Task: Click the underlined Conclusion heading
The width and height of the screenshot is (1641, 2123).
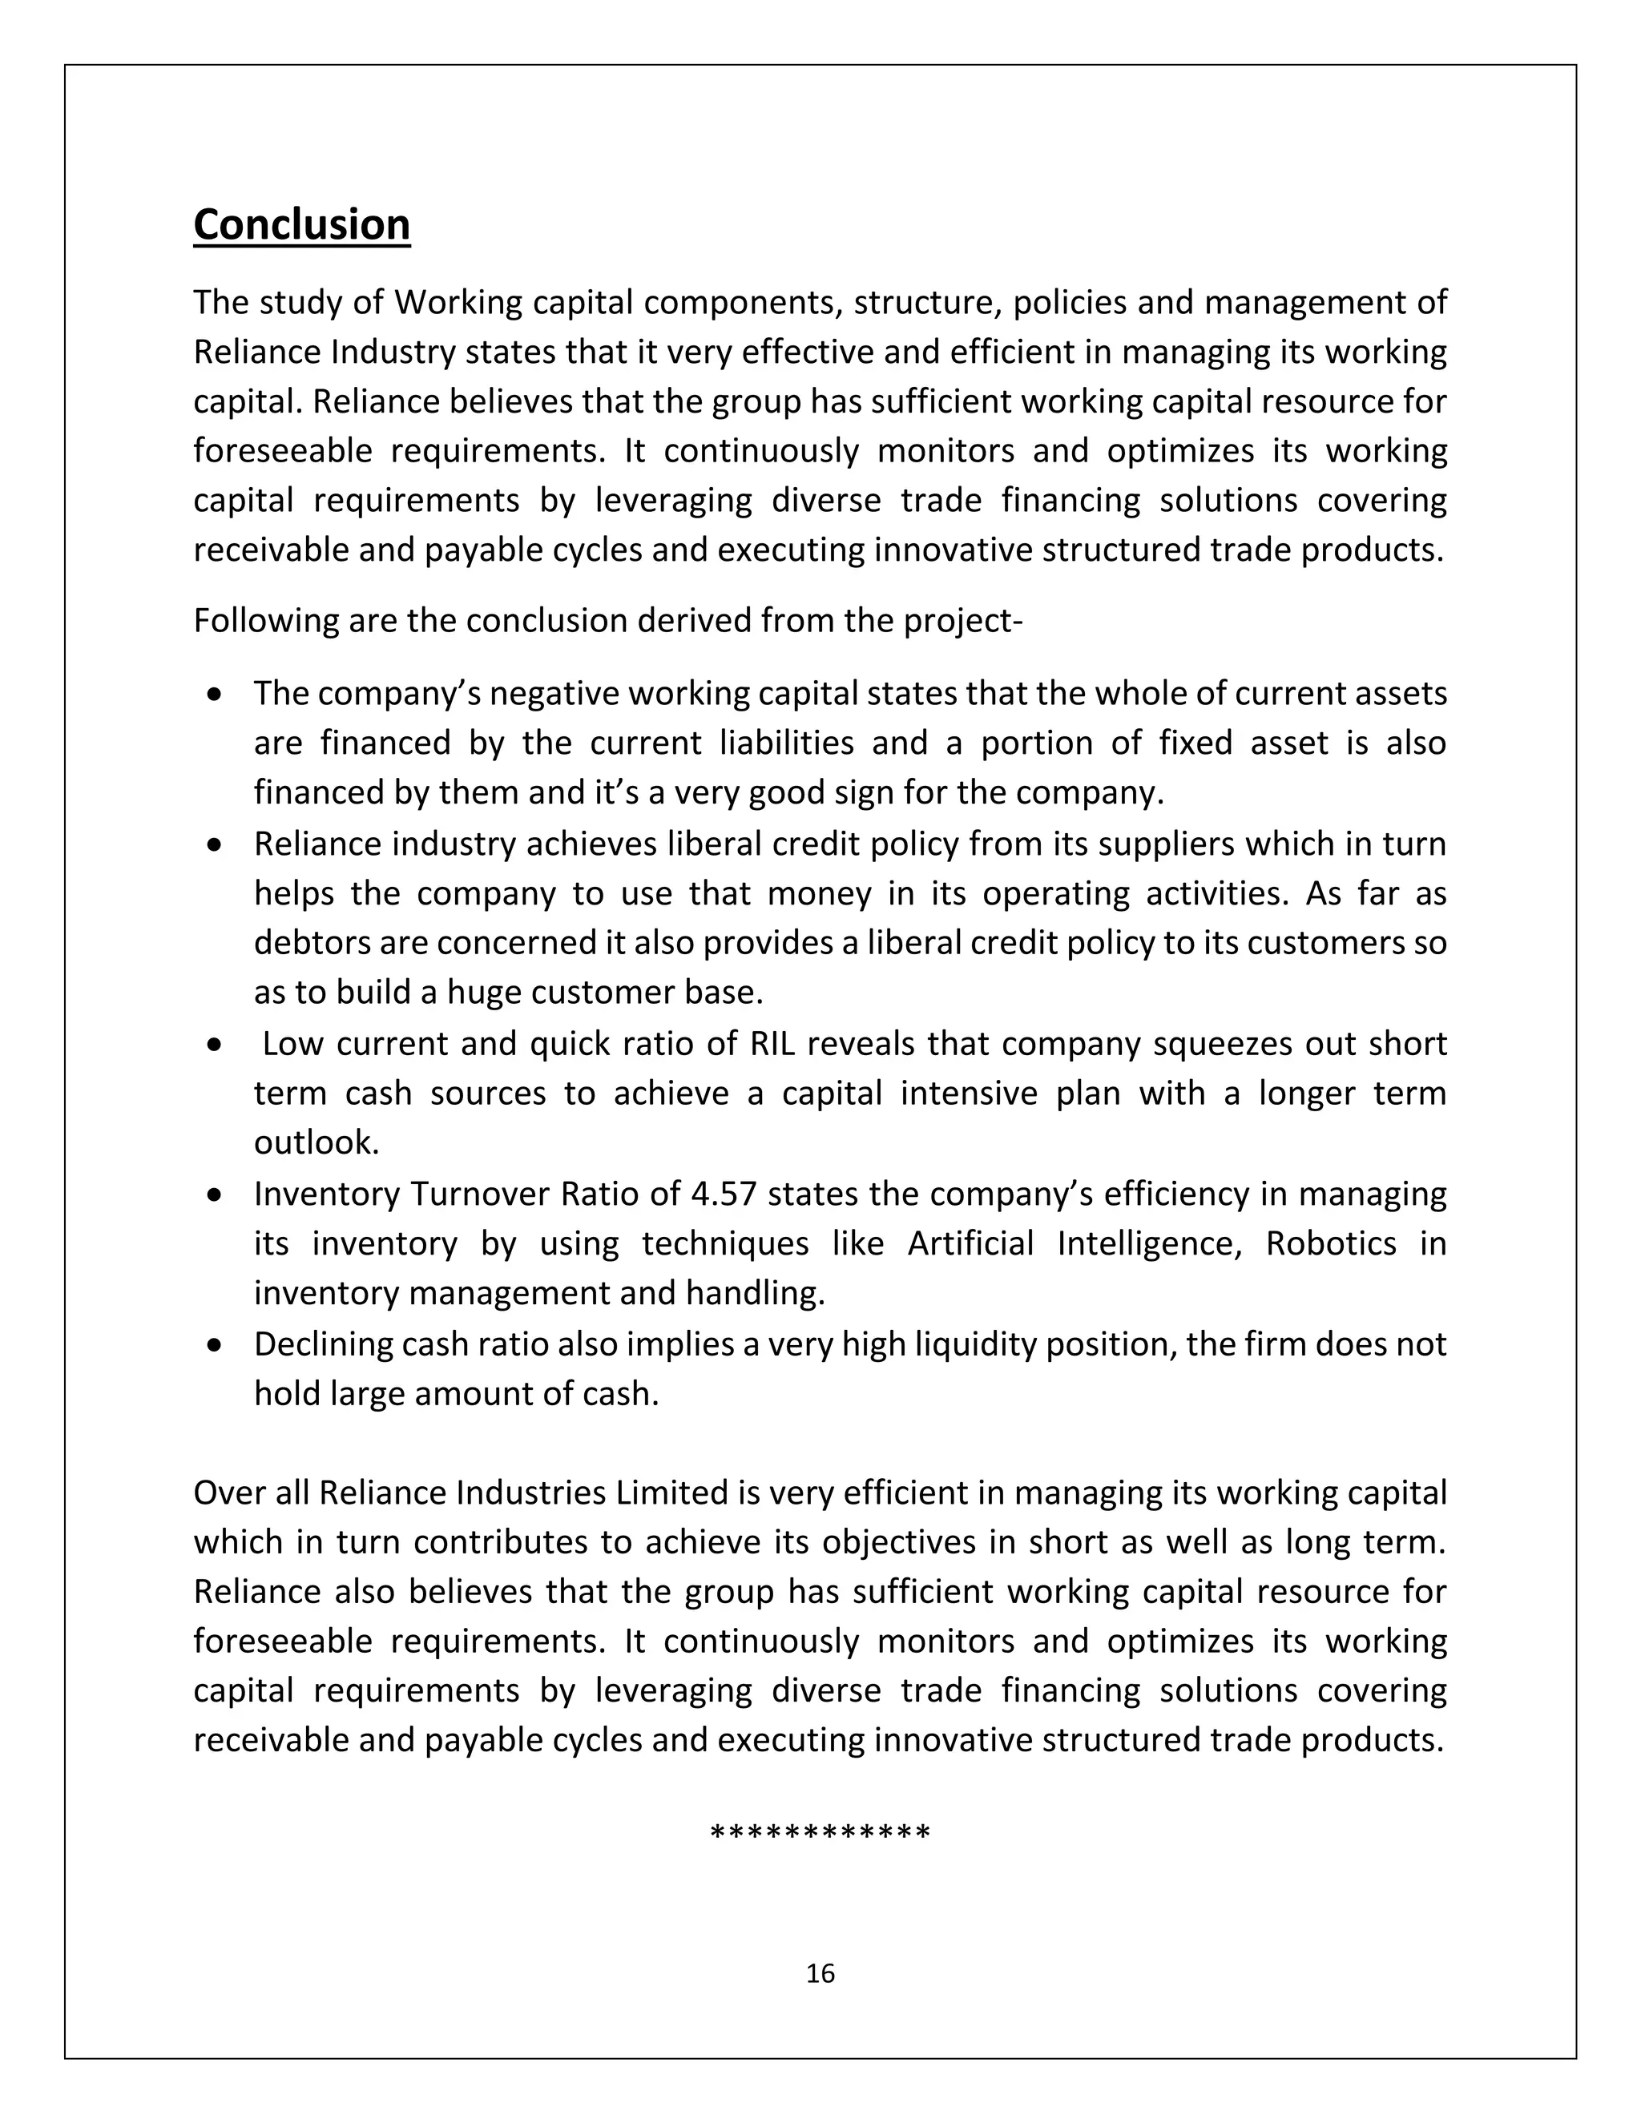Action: pyautogui.click(x=301, y=224)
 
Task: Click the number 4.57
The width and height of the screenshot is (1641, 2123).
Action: pyautogui.click(x=722, y=1194)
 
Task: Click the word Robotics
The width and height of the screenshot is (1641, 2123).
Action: pyautogui.click(x=1330, y=1243)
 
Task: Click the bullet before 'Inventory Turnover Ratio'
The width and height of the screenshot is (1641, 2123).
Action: pyautogui.click(x=215, y=1195)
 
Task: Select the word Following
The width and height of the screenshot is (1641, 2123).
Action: pyautogui.click(x=265, y=620)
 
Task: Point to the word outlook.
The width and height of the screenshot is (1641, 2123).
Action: pyautogui.click(x=316, y=1143)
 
